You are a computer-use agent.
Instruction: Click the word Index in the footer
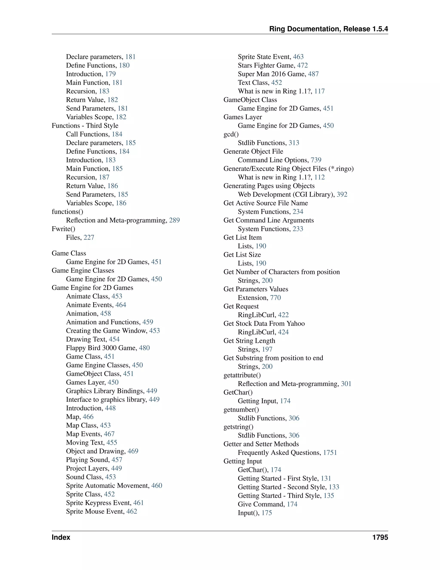tap(61, 537)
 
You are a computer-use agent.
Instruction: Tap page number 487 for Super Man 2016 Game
tap(313, 74)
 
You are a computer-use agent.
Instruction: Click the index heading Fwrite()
tap(63, 229)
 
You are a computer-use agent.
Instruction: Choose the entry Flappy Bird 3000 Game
tap(101, 348)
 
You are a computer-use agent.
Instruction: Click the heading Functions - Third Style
tap(85, 126)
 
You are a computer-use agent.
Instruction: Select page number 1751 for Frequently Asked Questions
tap(330, 453)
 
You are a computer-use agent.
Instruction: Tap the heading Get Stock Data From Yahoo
tap(264, 324)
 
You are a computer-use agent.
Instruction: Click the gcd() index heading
tap(231, 134)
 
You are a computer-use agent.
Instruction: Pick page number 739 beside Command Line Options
tap(316, 160)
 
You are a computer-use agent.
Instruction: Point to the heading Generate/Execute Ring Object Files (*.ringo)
tap(288, 169)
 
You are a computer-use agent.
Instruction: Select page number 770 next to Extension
tap(275, 298)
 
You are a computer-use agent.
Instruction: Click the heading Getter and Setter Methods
tap(261, 444)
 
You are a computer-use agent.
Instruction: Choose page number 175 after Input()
tap(267, 513)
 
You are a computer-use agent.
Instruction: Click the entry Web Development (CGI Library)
tap(286, 194)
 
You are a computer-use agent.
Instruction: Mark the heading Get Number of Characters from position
tap(281, 272)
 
